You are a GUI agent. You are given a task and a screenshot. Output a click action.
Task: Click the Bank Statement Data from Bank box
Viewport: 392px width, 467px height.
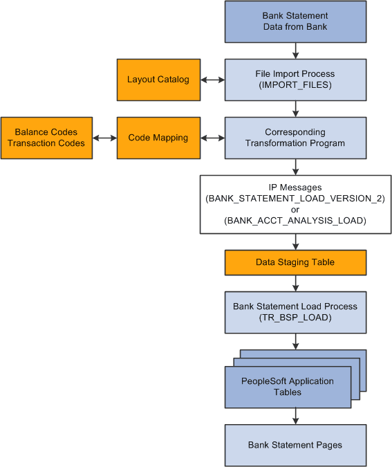295,21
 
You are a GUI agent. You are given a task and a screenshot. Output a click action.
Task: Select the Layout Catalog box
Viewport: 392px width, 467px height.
158,80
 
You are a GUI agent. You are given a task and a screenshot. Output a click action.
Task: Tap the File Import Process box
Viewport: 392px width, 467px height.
295,80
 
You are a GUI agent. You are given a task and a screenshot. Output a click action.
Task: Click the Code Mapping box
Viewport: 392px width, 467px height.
158,138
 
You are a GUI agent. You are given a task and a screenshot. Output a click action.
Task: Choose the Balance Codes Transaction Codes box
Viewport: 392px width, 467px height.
46,138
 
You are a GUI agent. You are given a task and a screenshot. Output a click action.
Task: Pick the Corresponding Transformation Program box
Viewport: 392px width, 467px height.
295,138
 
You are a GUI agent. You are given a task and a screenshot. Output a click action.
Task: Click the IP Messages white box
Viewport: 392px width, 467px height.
295,203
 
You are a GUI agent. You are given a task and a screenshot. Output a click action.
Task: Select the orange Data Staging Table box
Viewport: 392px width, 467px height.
295,262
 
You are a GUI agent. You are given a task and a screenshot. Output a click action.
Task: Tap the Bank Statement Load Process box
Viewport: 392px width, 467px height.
295,311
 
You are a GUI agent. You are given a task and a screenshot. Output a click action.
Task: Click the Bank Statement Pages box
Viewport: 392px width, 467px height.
295,445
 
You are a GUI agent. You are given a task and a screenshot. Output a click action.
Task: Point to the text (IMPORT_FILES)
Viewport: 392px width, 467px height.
295,85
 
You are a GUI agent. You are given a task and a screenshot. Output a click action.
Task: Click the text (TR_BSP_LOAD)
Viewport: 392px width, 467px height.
295,317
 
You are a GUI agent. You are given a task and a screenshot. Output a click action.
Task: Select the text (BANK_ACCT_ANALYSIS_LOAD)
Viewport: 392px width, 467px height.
295,221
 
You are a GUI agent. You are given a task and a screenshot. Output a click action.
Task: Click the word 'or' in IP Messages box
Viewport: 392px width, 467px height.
295,210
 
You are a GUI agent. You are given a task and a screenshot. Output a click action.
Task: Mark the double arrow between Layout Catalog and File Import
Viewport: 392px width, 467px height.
212,80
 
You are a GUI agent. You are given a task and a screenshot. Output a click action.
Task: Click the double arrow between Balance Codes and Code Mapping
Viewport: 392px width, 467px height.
104,138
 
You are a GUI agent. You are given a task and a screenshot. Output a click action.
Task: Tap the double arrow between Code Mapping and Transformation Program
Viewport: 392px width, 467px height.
212,138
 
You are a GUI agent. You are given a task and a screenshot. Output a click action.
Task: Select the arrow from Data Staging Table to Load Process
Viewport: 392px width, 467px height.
296,283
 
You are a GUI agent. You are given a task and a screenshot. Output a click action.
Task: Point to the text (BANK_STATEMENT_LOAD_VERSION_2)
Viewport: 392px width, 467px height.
295,199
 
